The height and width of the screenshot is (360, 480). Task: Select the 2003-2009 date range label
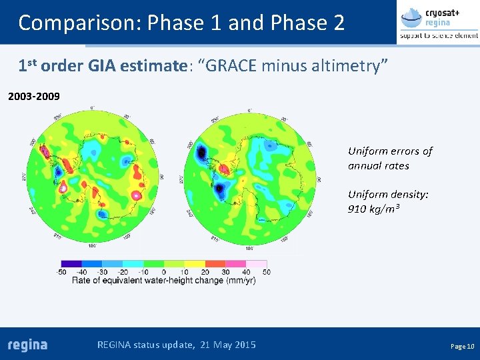tap(33, 97)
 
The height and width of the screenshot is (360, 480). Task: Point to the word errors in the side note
tap(402, 151)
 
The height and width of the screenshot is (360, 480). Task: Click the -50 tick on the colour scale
tap(62, 272)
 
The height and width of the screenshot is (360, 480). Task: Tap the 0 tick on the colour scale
tap(164, 272)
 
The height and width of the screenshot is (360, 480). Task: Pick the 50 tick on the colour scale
tap(266, 272)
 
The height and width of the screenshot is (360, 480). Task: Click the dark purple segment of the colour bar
tap(71, 264)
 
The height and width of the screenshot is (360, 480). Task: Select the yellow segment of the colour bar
tap(194, 264)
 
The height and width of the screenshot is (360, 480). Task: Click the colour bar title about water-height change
tap(163, 281)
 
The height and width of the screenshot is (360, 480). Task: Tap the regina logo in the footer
tap(28, 345)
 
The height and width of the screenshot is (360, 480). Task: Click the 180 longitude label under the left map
tap(93, 245)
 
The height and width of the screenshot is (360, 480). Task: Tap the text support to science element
tap(438, 35)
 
